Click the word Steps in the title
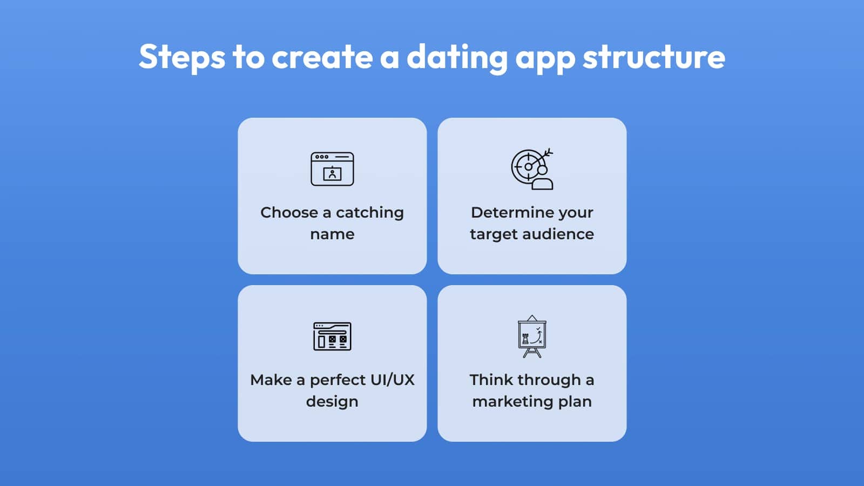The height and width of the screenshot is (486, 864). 181,57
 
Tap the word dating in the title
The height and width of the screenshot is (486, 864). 457,58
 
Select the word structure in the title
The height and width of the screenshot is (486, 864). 654,57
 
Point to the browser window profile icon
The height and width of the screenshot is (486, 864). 332,169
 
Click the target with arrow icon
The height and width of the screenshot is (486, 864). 532,169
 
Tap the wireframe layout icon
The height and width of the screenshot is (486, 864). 332,336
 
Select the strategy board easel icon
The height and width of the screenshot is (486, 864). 532,336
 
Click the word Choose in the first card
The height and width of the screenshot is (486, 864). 289,213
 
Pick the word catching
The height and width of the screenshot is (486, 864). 370,213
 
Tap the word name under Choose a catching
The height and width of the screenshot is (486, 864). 332,234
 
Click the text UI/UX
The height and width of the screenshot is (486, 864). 392,380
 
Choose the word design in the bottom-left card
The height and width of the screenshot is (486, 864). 332,402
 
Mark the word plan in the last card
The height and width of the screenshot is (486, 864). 575,402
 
